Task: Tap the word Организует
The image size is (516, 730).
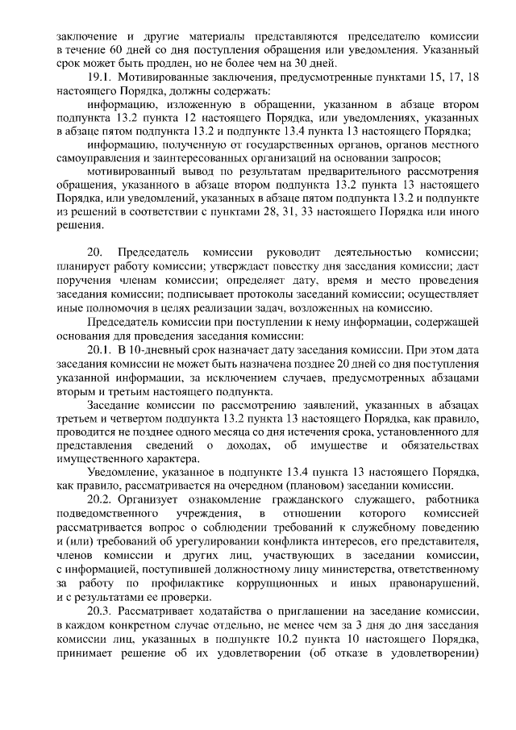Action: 151,498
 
